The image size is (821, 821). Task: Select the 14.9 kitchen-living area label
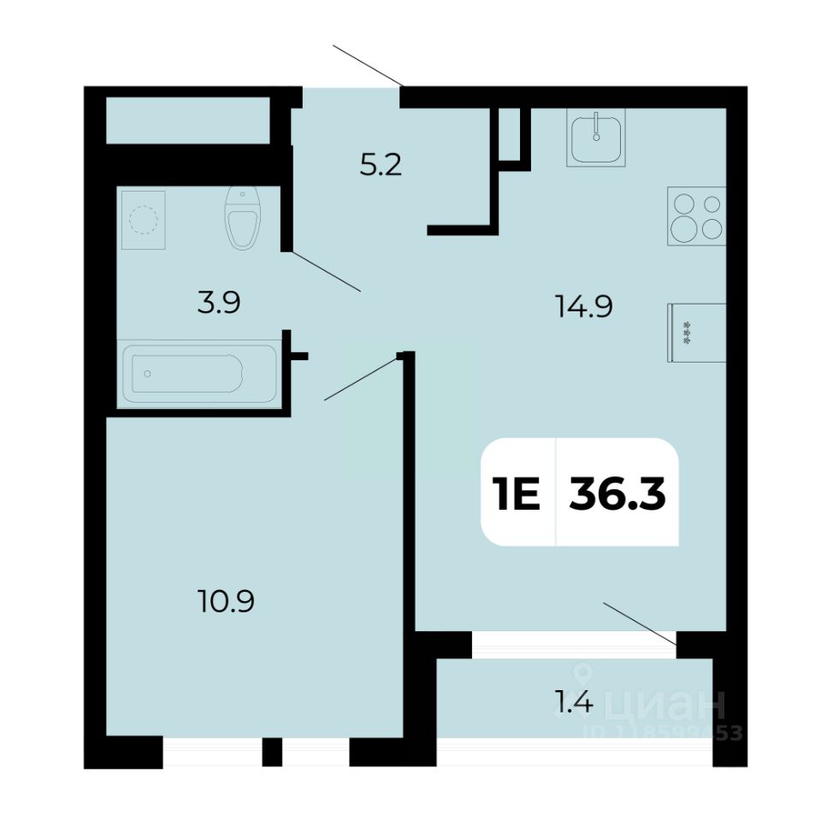pyautogui.click(x=583, y=305)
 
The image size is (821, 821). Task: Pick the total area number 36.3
pyautogui.click(x=617, y=494)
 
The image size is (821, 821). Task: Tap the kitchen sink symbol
pyautogui.click(x=596, y=138)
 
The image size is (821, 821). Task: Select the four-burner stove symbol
pyautogui.click(x=697, y=216)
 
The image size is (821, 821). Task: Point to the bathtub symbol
pyautogui.click(x=198, y=374)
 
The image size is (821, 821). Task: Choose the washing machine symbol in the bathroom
pyautogui.click(x=143, y=220)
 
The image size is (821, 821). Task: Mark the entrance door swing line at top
pyautogui.click(x=369, y=65)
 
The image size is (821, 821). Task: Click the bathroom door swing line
pyautogui.click(x=327, y=271)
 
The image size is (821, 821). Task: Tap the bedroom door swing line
pyautogui.click(x=360, y=380)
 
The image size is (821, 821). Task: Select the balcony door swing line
pyautogui.click(x=641, y=622)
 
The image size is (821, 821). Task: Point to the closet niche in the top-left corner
pyautogui.click(x=187, y=121)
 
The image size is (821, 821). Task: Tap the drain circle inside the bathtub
pyautogui.click(x=148, y=374)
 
